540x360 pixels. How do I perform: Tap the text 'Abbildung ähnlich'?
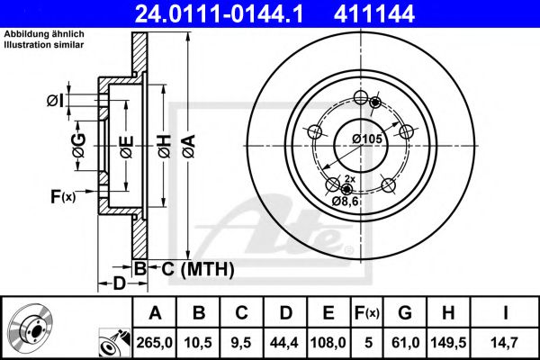point(44,34)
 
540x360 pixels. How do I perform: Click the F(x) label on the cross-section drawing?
point(62,196)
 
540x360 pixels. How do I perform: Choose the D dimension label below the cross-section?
point(119,284)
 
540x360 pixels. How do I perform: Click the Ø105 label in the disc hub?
point(366,139)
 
